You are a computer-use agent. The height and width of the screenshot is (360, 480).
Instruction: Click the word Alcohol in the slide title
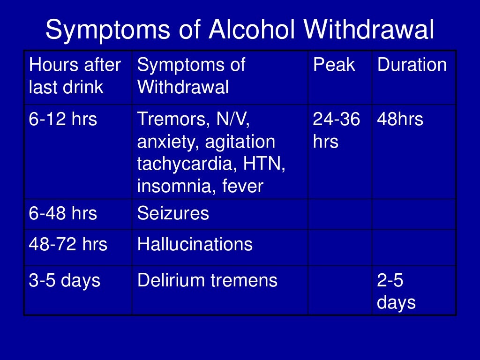click(252, 31)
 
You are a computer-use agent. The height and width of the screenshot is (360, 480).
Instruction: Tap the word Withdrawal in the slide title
click(369, 31)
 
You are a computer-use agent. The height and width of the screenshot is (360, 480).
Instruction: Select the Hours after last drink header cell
click(75, 76)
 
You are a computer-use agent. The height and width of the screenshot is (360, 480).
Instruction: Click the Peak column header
click(334, 65)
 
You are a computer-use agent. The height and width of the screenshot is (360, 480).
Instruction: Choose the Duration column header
click(412, 65)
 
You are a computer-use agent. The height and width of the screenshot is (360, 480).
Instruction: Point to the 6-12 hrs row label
click(63, 120)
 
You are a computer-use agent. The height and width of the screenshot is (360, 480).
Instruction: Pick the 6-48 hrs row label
click(63, 214)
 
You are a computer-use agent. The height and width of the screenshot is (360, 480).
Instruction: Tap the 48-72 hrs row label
click(68, 244)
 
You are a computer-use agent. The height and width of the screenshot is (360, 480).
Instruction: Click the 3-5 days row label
click(65, 281)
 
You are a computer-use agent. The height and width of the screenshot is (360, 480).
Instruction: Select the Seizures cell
click(173, 214)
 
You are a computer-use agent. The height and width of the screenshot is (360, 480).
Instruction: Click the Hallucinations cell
click(195, 244)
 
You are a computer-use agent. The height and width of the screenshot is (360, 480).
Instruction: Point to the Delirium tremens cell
click(207, 281)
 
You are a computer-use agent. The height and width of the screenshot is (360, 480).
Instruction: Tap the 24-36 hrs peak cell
click(337, 130)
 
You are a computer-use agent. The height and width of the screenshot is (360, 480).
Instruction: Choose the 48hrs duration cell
click(400, 120)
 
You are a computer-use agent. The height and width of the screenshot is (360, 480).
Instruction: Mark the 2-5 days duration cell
click(396, 292)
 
